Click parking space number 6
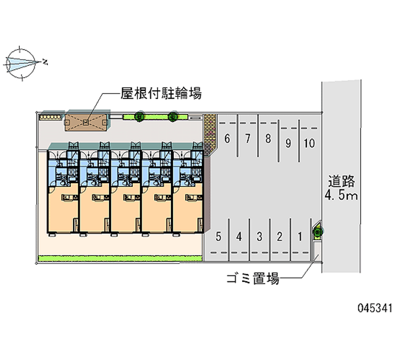pos(227,139)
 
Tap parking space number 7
pos(248,139)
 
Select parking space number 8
pos(268,139)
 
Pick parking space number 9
pos(288,143)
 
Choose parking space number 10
pos(309,143)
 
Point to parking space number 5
pos(218,237)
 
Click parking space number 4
pos(239,237)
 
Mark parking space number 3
pos(259,237)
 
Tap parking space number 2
pos(280,237)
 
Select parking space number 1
pos(300,237)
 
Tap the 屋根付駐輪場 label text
pos(161,94)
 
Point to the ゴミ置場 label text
pos(252,278)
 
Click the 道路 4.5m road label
pos(341,188)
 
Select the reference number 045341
pos(375,308)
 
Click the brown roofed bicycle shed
pos(86,122)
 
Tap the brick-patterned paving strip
pos(209,134)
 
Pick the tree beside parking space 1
pos(318,231)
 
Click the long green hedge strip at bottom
pos(120,258)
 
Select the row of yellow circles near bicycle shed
pos(50,117)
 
